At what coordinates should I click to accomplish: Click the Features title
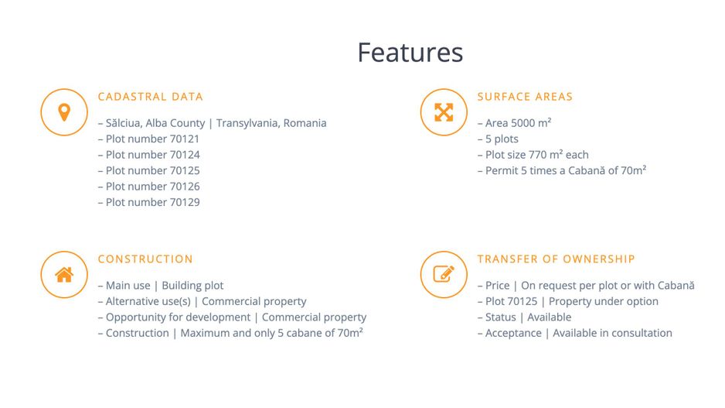410,53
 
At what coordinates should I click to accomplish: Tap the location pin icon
64,112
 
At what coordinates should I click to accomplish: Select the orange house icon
64,275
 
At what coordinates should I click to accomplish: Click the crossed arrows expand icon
444,112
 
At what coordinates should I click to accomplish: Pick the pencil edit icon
444,274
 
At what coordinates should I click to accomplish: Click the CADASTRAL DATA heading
150,97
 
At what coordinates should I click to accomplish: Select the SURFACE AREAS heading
525,97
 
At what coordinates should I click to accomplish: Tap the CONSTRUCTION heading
145,259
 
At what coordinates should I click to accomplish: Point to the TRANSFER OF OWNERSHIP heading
557,259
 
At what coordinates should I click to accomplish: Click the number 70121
185,139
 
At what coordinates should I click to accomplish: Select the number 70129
185,202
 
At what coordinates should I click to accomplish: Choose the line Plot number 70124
149,155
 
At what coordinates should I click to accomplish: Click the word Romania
305,123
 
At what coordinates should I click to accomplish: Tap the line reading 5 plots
498,139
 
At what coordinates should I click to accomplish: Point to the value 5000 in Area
522,123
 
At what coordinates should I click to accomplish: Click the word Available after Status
550,317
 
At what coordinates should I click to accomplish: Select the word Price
498,286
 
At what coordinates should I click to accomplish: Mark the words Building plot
192,286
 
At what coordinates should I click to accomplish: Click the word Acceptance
513,333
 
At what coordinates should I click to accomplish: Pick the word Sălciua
124,123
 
